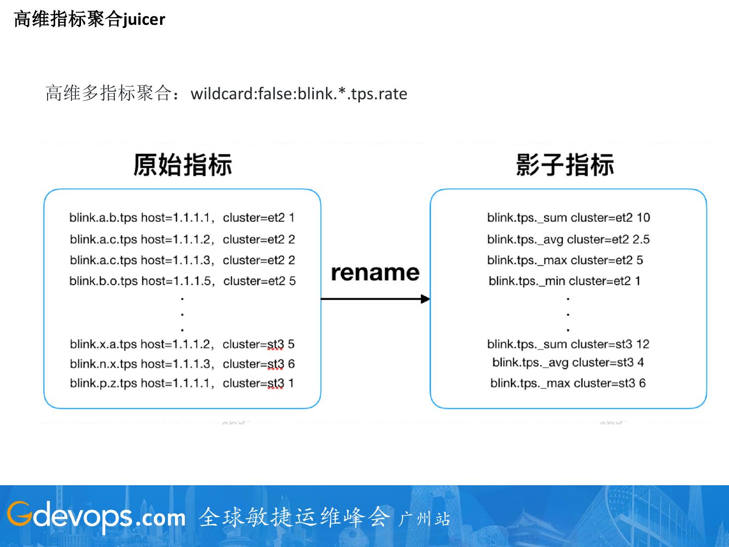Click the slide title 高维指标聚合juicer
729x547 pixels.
pyautogui.click(x=89, y=19)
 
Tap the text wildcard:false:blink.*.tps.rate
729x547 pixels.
pyautogui.click(x=299, y=94)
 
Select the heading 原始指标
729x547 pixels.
pyautogui.click(x=182, y=165)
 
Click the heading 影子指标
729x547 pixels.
pyautogui.click(x=565, y=165)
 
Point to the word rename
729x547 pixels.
pyautogui.click(x=375, y=273)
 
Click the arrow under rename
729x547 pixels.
pyautogui.click(x=375, y=299)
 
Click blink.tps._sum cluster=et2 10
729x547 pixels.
pyautogui.click(x=569, y=218)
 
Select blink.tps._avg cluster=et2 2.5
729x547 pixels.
pyautogui.click(x=568, y=239)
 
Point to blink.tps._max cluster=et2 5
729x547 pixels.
pyautogui.click(x=565, y=260)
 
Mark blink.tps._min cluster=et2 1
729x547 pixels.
pyautogui.click(x=564, y=281)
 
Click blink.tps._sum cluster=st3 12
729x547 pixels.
pyautogui.click(x=568, y=344)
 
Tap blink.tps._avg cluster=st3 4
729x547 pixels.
pyautogui.click(x=568, y=363)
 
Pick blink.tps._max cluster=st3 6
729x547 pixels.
pyautogui.click(x=568, y=383)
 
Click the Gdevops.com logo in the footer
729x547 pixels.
pyautogui.click(x=96, y=516)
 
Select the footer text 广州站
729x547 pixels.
pyautogui.click(x=424, y=519)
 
